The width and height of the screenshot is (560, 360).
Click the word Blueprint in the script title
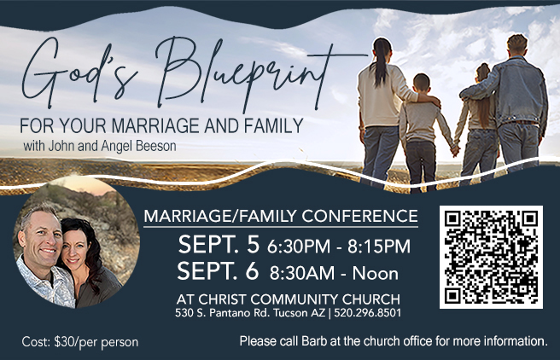242,73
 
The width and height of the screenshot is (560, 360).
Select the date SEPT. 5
218,245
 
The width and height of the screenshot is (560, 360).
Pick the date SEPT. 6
218,272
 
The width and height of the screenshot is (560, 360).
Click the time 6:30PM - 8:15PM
339,247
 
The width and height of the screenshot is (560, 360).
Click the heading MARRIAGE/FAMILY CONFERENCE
280,216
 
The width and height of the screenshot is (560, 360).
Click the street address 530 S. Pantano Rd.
222,313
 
